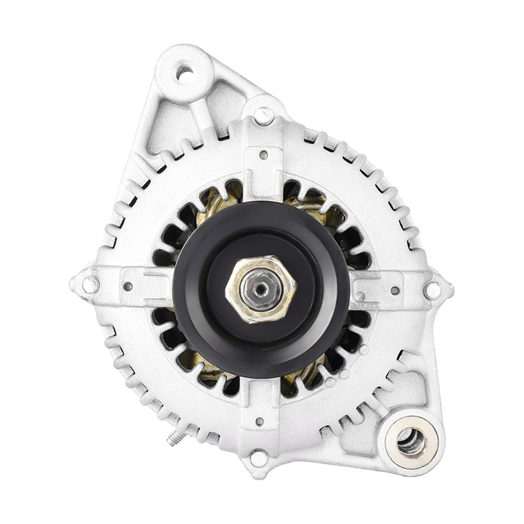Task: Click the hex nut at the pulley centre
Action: [261, 289]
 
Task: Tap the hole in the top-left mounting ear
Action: [184, 72]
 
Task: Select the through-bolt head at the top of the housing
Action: [263, 115]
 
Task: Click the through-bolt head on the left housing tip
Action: [90, 284]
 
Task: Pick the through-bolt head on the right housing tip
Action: [432, 290]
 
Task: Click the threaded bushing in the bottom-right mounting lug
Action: [411, 440]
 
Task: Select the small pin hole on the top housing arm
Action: [263, 155]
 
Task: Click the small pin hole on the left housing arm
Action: [128, 286]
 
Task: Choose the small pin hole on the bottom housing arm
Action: [259, 421]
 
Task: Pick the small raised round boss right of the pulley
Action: [360, 296]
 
